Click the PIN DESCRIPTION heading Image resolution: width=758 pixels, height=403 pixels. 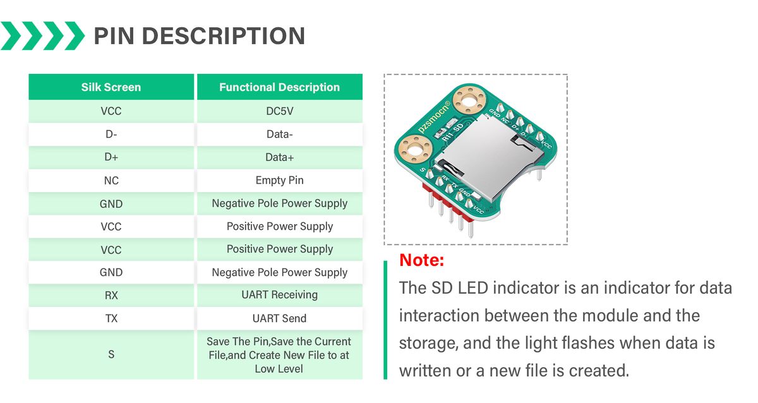(x=199, y=35)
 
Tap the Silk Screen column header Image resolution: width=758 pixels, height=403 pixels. (x=111, y=87)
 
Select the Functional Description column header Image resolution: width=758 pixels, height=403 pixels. (x=279, y=87)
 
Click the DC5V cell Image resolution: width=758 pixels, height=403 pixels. (x=279, y=111)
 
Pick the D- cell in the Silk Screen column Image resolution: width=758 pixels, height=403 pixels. (x=111, y=134)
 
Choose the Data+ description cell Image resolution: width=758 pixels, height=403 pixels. (x=279, y=157)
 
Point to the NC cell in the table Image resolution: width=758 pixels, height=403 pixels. (x=111, y=181)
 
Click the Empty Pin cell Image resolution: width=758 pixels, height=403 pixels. (x=279, y=181)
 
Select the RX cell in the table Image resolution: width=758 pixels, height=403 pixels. (x=111, y=295)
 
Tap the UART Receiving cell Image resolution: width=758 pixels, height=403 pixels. (x=279, y=295)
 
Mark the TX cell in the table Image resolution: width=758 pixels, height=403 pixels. (x=111, y=318)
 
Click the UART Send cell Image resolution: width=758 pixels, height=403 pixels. (x=279, y=318)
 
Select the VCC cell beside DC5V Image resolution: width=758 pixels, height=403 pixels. (x=111, y=111)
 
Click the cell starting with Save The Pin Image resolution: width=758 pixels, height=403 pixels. (x=279, y=355)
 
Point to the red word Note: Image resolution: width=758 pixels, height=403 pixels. (x=422, y=260)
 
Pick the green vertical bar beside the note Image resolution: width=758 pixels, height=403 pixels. (x=385, y=320)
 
